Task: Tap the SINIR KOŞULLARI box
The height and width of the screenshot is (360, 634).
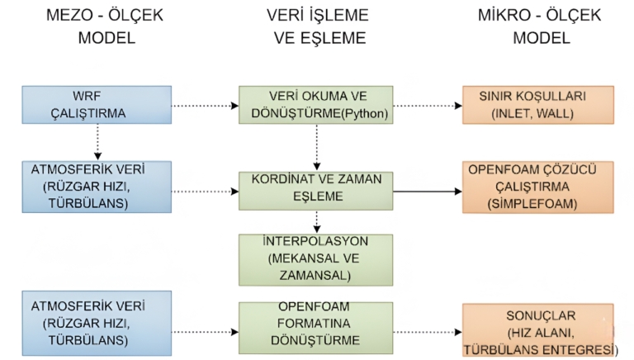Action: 538,105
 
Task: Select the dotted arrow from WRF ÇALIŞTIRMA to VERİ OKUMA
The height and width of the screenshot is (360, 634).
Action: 204,106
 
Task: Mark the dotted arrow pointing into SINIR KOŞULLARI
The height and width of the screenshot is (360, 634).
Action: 427,106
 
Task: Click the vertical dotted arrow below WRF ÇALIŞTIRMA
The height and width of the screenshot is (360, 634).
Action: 98,141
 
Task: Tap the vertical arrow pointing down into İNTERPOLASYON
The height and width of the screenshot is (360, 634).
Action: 316,221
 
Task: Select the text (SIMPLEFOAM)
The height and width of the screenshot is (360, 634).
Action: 538,202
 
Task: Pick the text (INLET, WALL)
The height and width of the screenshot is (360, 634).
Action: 538,113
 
